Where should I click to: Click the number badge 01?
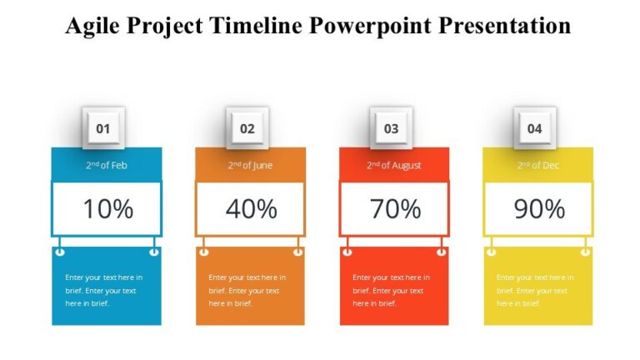(103, 128)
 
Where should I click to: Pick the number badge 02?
(247, 128)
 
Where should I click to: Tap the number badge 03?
(391, 128)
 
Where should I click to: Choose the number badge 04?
(535, 128)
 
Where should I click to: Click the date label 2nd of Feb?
(107, 165)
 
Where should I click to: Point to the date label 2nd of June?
(250, 165)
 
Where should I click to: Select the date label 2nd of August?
(394, 165)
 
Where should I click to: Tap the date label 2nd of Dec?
(537, 165)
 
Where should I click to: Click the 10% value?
(107, 209)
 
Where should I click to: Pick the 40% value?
(251, 209)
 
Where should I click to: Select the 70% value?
(395, 209)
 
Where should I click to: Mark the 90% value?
(538, 209)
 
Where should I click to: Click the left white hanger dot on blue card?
(60, 251)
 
